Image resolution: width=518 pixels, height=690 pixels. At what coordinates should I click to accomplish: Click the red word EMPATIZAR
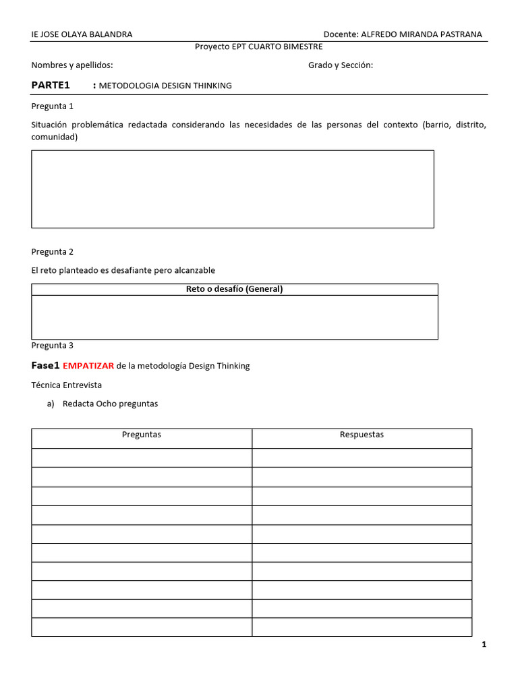(x=88, y=366)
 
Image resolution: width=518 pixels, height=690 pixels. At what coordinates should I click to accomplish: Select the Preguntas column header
(x=142, y=435)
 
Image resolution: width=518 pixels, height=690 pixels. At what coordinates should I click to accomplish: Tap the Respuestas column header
(x=362, y=435)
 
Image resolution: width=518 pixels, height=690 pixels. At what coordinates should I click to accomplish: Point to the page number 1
(x=484, y=645)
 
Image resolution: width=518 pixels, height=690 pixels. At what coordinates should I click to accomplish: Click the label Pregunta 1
(x=53, y=106)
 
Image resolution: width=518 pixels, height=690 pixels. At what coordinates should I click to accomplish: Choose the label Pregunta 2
(x=53, y=252)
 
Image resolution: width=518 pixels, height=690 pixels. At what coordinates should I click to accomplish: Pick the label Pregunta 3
(x=53, y=346)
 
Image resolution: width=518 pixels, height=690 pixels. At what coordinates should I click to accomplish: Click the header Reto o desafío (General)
(x=234, y=289)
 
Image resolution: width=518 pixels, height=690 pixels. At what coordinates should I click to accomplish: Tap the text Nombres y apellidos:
(x=72, y=65)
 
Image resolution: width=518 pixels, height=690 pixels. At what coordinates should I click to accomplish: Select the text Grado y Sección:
(x=341, y=65)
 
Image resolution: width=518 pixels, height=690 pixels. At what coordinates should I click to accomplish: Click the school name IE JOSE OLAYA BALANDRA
(x=82, y=34)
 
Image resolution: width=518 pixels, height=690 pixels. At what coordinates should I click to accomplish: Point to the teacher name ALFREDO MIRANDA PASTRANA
(x=422, y=34)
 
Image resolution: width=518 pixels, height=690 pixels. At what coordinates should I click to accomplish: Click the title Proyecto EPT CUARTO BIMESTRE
(x=258, y=46)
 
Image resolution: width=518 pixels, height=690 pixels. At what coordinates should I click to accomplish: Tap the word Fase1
(x=46, y=366)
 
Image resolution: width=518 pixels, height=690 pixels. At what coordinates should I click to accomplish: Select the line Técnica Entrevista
(x=67, y=385)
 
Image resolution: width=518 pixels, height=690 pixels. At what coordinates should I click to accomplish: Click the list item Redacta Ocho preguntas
(x=110, y=404)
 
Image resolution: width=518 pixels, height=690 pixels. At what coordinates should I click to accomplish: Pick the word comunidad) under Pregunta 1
(x=55, y=137)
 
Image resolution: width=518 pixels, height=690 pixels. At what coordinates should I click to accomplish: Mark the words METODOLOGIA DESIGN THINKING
(x=165, y=86)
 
